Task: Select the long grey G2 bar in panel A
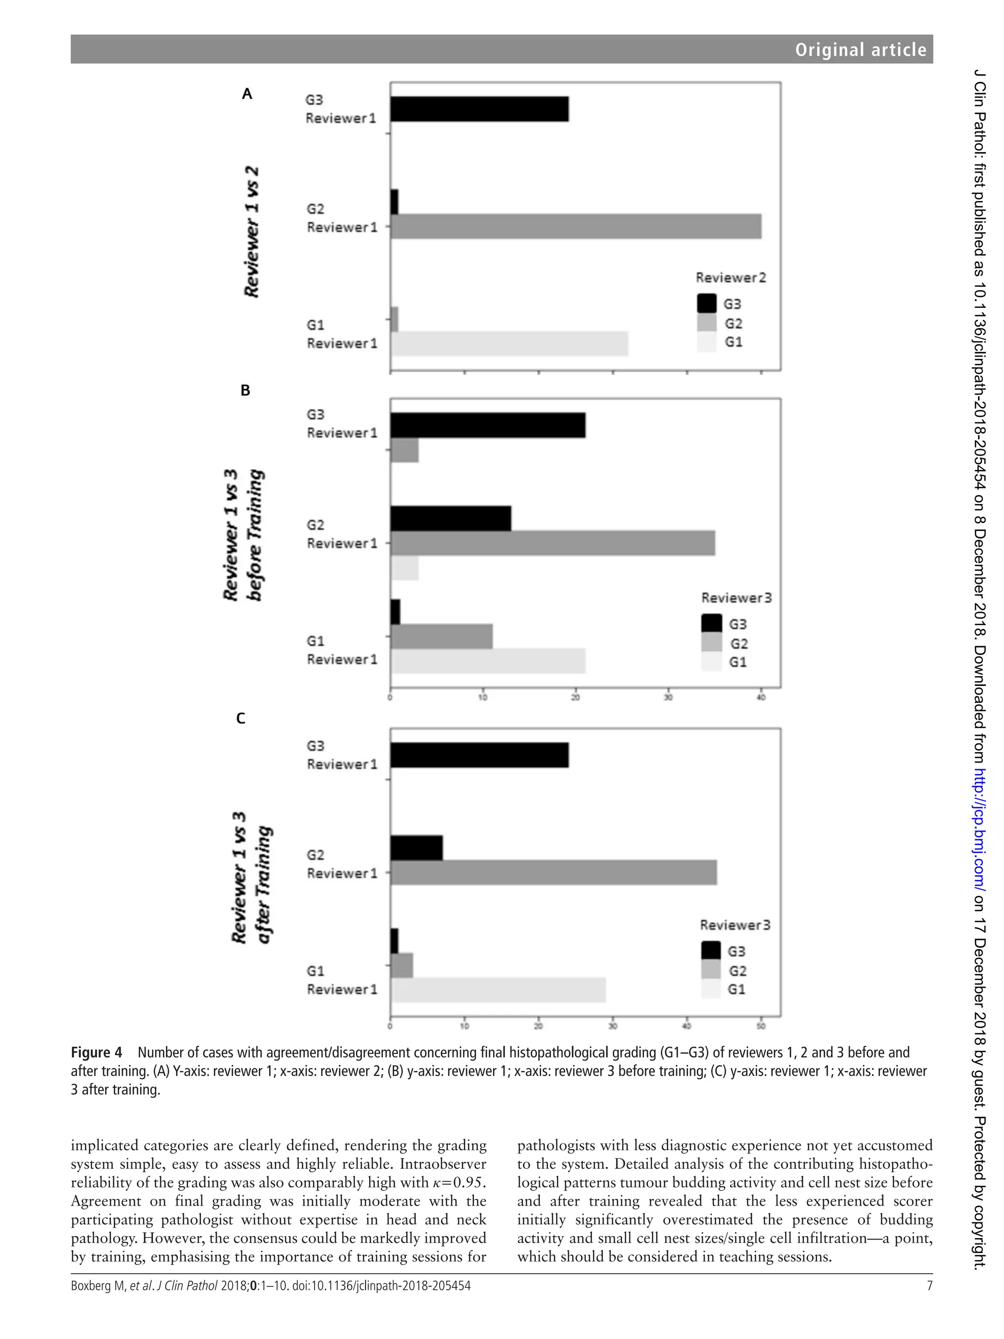coord(576,227)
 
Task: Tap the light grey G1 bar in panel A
coord(509,344)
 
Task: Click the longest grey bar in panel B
coord(552,543)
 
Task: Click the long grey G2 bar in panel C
coord(553,873)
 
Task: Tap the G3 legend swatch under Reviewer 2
coord(706,303)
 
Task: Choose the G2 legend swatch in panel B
coord(712,642)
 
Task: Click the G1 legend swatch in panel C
coord(710,989)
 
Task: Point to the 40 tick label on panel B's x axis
coord(761,697)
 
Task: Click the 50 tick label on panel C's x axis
coord(761,1026)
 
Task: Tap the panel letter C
coord(240,719)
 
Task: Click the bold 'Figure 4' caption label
coord(96,1053)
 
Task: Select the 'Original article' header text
coord(860,50)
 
